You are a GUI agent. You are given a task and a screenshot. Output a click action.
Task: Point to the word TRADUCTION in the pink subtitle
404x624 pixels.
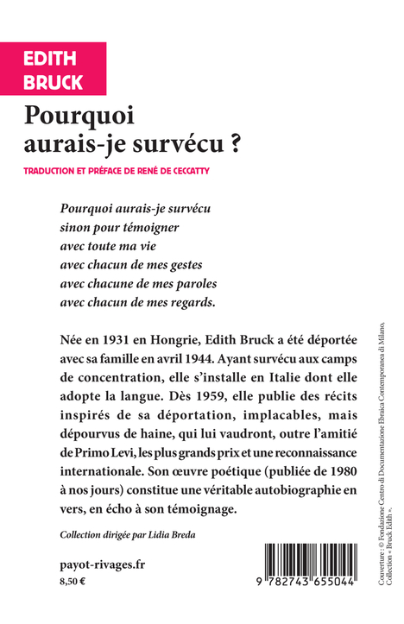pos(55,172)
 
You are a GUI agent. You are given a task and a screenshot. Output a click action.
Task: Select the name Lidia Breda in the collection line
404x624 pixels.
pos(174,536)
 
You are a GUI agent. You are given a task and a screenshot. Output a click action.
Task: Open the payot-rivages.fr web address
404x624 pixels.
pos(96,564)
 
